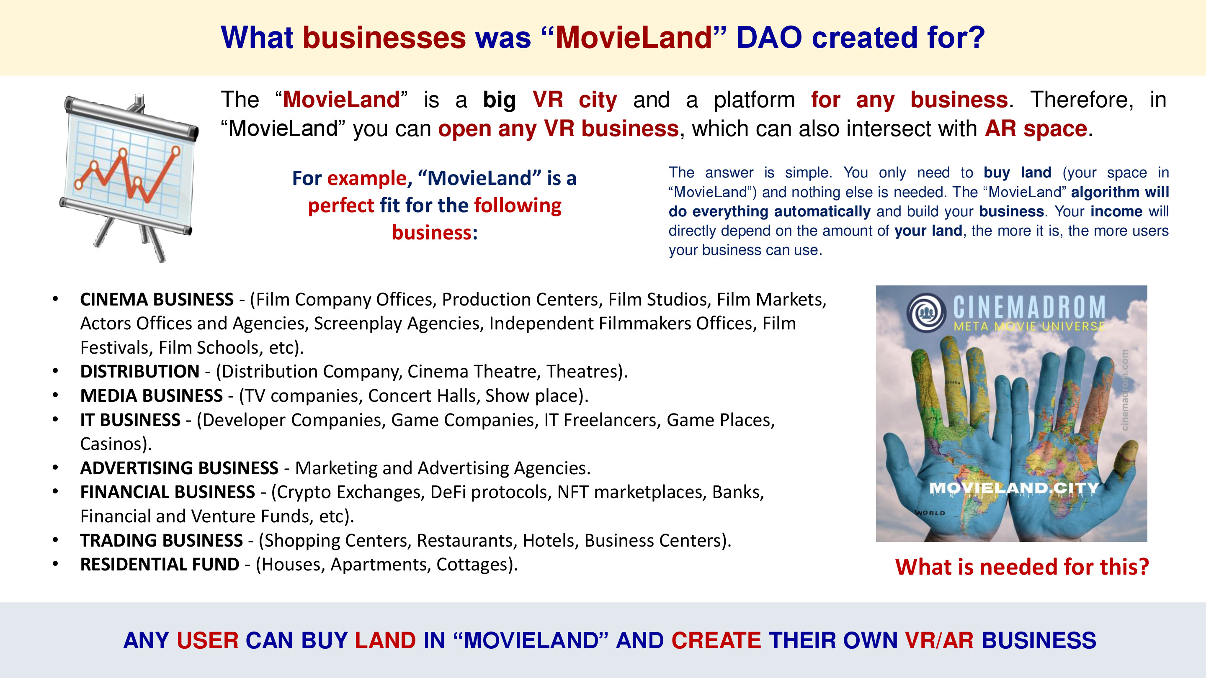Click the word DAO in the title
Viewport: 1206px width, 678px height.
tap(769, 37)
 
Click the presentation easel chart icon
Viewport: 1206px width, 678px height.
tap(129, 177)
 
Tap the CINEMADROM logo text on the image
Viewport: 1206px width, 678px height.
tap(1029, 308)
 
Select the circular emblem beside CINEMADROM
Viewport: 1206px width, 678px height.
tap(926, 312)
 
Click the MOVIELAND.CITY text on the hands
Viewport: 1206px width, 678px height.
tap(1013, 488)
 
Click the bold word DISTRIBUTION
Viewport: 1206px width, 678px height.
tap(140, 372)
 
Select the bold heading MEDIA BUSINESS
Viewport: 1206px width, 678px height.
tap(151, 396)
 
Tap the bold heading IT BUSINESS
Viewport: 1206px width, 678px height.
tap(130, 420)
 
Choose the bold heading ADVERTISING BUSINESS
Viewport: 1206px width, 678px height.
tap(179, 468)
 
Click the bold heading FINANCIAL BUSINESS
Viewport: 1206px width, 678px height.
tap(167, 492)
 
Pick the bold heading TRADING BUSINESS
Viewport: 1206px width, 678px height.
tap(162, 540)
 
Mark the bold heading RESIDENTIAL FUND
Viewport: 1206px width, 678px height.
tap(160, 565)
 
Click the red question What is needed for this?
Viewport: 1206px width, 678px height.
tap(1022, 567)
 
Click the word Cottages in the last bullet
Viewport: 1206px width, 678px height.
tap(472, 565)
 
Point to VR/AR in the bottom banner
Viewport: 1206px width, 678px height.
tap(939, 640)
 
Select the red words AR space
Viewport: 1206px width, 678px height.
tap(1036, 128)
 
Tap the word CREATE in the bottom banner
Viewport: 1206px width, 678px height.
tap(716, 640)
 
